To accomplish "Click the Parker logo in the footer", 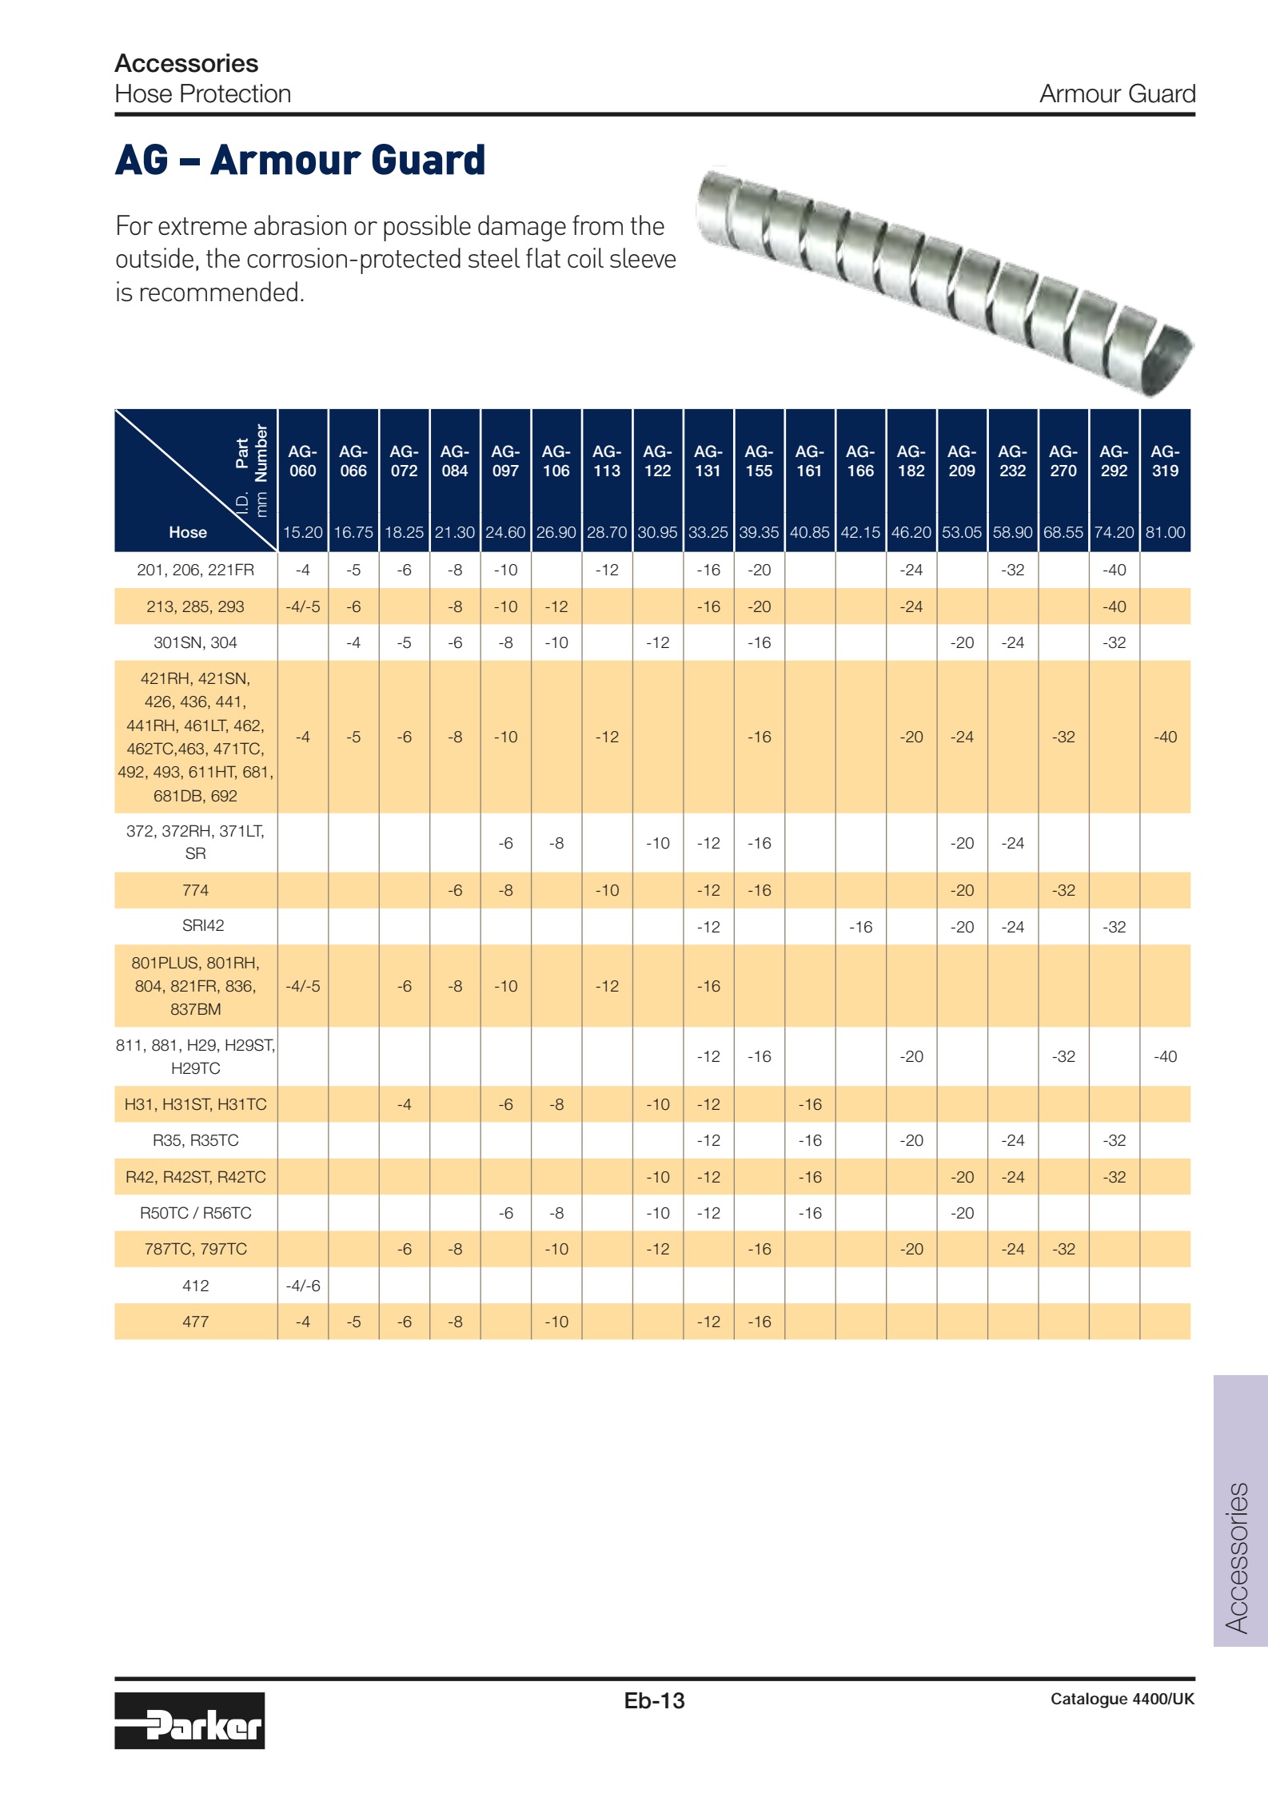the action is (x=189, y=1720).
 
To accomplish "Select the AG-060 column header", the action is (x=303, y=461).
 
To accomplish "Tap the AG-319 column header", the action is (x=1165, y=461).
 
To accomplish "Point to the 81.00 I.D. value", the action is (x=1165, y=532).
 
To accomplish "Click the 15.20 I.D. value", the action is (x=303, y=532).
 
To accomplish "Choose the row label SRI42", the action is (x=203, y=925).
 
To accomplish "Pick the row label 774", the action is (x=195, y=890).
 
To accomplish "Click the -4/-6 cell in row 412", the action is (x=303, y=1286).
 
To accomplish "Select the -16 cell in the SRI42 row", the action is (x=860, y=927).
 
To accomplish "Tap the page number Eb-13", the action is (x=655, y=1700).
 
